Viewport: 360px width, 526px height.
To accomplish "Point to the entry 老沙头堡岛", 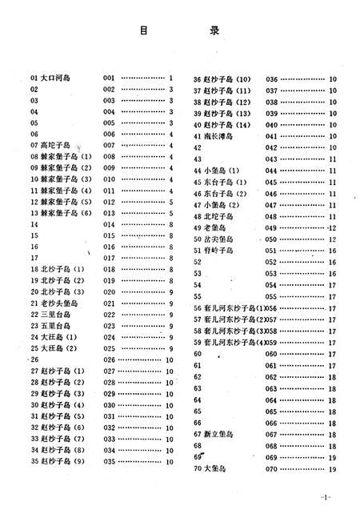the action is tap(60, 303).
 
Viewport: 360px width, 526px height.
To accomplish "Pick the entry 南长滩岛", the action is tap(219, 136).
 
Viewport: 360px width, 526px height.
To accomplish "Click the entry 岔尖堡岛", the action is tap(219, 239).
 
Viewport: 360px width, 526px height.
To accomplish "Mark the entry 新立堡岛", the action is tap(219, 433).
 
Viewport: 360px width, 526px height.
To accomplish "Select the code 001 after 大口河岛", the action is tap(110, 78).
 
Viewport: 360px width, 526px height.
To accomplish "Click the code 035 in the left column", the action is tap(110, 461).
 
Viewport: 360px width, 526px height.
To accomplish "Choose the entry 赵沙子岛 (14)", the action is tap(228, 125).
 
